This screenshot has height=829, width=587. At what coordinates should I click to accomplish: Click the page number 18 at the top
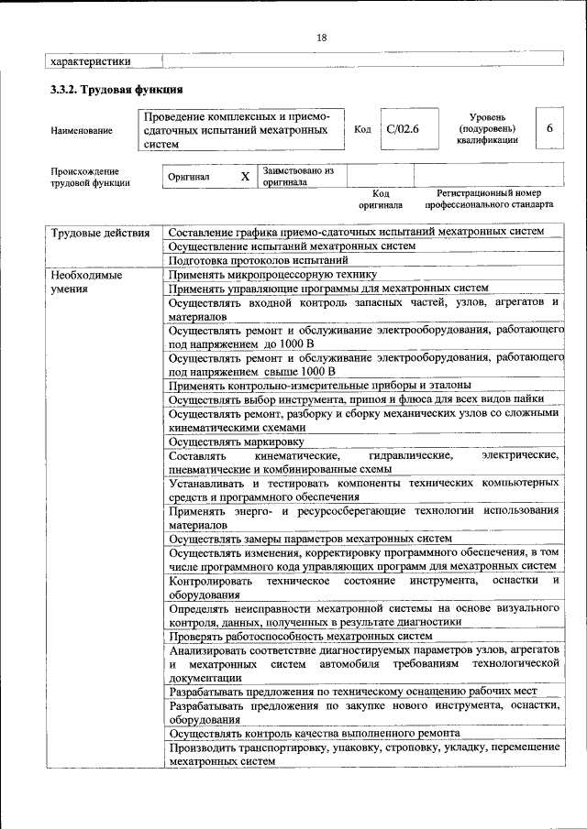(x=321, y=38)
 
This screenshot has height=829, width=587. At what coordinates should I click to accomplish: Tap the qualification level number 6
(x=549, y=129)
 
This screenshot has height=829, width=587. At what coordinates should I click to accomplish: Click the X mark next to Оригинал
(x=244, y=176)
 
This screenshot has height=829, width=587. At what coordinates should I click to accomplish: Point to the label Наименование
(x=82, y=131)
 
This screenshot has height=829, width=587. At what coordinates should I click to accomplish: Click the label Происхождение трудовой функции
(x=90, y=177)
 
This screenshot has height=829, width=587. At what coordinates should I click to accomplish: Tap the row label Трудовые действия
(x=100, y=233)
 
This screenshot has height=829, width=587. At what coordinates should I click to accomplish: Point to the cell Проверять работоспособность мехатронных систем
(x=300, y=635)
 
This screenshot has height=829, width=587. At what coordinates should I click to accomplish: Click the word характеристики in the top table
(x=89, y=61)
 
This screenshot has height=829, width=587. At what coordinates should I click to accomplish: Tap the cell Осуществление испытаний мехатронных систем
(x=292, y=246)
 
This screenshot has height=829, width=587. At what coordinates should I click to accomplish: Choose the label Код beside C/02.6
(x=362, y=129)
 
